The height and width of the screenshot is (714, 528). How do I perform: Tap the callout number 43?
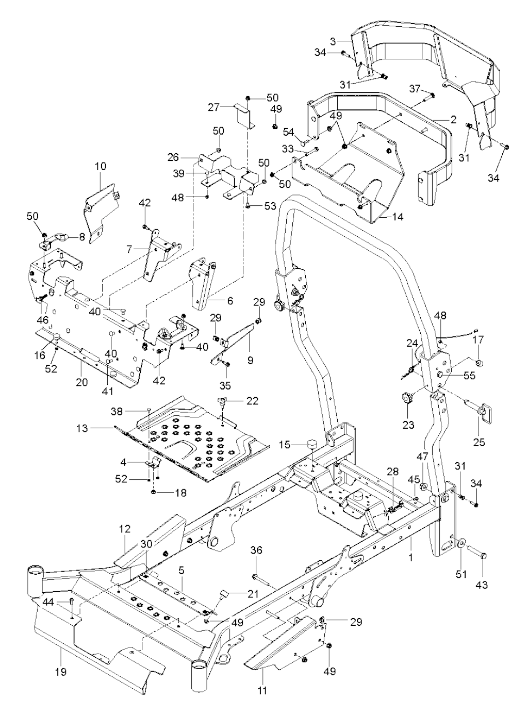pos(483,585)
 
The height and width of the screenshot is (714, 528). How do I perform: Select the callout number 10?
pos(100,166)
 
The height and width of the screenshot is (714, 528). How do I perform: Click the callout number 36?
pos(256,551)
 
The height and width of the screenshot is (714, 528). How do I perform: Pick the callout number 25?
pos(481,442)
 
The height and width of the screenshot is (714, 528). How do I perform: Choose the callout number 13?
pos(81,428)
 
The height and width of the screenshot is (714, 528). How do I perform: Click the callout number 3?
pos(333,40)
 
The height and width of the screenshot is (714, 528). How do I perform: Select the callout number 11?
pos(262,690)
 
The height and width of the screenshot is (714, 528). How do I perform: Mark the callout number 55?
pos(469,376)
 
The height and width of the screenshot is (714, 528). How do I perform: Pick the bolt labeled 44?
pos(72,602)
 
